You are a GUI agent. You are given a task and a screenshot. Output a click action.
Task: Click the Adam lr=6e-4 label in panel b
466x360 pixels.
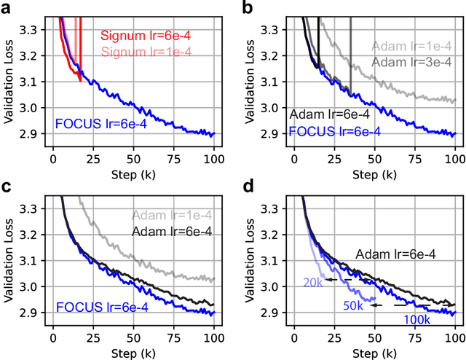pos(330,114)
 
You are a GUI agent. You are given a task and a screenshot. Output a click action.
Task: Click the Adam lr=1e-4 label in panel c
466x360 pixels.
pos(172,215)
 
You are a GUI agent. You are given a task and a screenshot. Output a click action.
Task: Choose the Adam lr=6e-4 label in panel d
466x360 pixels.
pos(396,254)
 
